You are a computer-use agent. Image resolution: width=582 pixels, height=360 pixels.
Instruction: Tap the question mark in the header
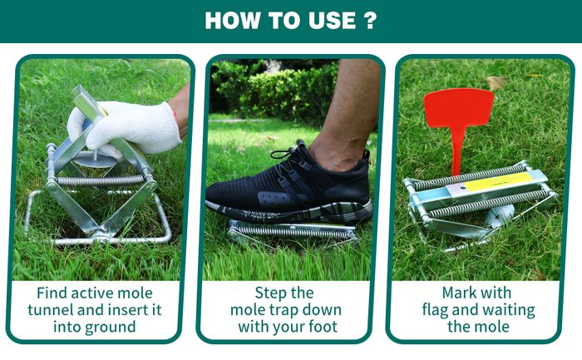pyautogui.click(x=371, y=21)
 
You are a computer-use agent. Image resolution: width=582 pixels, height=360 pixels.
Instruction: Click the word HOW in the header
pyautogui.click(x=232, y=21)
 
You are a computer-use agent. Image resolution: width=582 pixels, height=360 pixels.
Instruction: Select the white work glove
pyautogui.click(x=126, y=128)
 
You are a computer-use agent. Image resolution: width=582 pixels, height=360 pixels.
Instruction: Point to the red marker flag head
pyautogui.click(x=459, y=107)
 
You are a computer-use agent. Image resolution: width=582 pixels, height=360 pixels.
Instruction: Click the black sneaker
pyautogui.click(x=289, y=185)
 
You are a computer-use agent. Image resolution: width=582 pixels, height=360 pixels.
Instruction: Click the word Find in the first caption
pyautogui.click(x=52, y=293)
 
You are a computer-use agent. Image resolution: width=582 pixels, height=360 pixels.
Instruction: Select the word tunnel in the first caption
pyautogui.click(x=48, y=310)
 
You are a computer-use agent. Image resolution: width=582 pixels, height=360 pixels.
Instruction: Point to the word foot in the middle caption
pyautogui.click(x=323, y=327)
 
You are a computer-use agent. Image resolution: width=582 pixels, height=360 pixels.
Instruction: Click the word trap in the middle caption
pyautogui.click(x=284, y=310)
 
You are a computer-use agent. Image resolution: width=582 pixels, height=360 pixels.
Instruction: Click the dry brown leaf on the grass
pyautogui.click(x=496, y=82)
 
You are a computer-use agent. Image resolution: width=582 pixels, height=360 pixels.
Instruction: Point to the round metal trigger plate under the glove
pyautogui.click(x=96, y=160)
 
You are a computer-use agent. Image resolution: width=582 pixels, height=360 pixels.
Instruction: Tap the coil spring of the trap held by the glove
pyautogui.click(x=101, y=180)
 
